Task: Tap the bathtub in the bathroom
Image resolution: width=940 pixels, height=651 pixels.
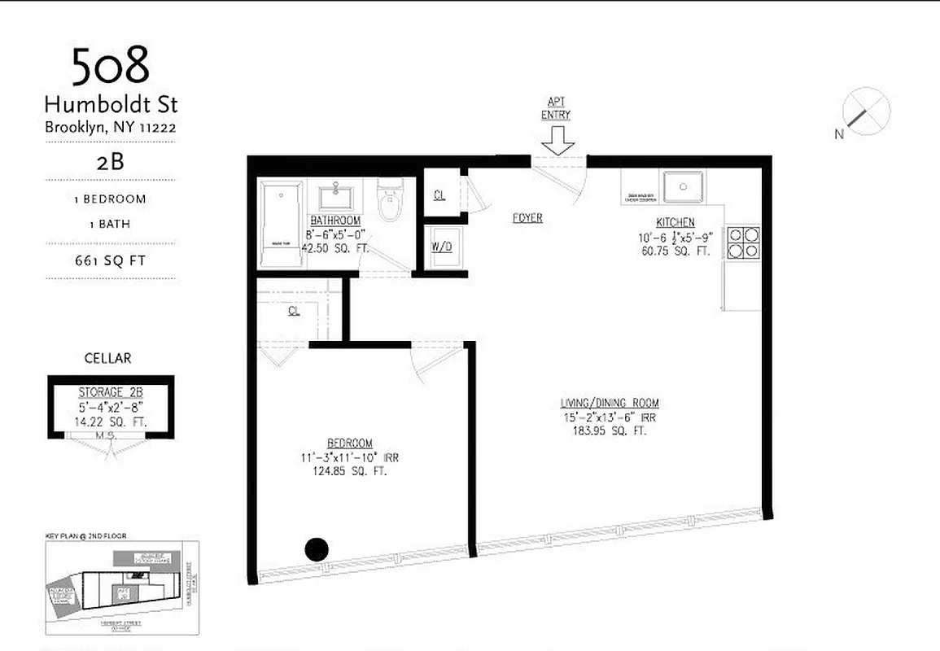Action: [x=282, y=224]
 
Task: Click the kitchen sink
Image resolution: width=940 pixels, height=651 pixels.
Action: [x=683, y=188]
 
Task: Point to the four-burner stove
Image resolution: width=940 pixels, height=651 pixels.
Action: [x=742, y=242]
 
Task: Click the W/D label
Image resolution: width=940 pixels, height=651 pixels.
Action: [x=442, y=247]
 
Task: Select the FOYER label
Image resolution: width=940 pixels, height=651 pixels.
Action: [x=527, y=218]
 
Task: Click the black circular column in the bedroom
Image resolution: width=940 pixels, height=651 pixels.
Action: [x=317, y=549]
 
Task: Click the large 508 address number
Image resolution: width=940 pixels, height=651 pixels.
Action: [x=111, y=67]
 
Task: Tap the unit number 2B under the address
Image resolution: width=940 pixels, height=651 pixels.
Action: [x=110, y=161]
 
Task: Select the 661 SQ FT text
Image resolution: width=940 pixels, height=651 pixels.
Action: [x=110, y=261]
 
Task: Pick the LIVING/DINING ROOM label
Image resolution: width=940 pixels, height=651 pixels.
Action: [x=610, y=403]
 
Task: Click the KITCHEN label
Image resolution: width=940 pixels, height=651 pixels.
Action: [x=675, y=223]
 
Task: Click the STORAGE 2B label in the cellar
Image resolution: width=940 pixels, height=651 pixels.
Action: [x=110, y=391]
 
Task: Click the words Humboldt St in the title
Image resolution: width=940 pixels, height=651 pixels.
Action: [x=111, y=105]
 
